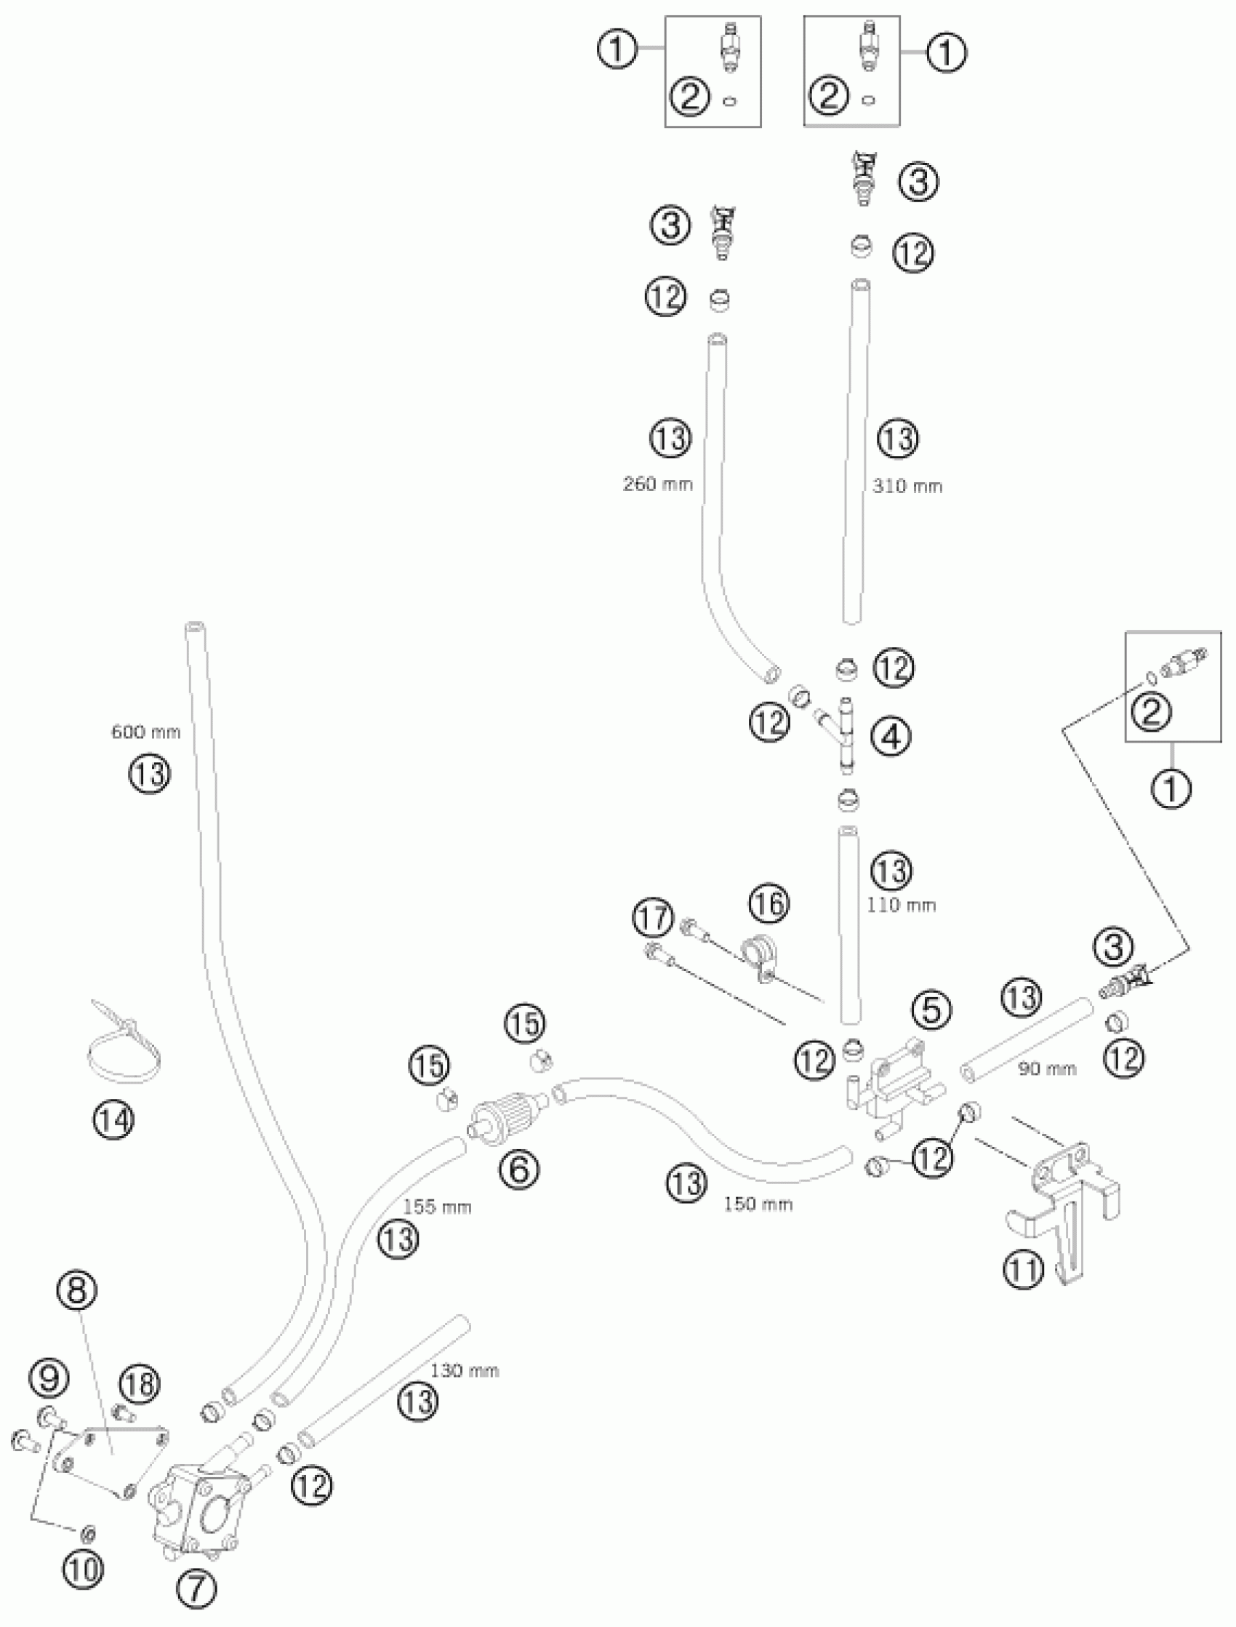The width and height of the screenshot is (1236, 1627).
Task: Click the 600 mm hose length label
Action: point(145,732)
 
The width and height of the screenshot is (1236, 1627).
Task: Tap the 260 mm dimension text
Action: point(658,484)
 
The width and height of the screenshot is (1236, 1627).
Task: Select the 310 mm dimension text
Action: point(907,486)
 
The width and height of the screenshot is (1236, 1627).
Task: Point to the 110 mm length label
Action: point(902,904)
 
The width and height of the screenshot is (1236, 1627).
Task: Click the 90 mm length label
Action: point(1047,1068)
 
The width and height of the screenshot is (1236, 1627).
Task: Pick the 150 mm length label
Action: point(758,1204)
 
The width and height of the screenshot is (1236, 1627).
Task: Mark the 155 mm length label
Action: point(437,1207)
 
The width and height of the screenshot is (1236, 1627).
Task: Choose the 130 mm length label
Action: point(465,1371)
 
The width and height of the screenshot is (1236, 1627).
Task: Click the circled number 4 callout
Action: point(891,736)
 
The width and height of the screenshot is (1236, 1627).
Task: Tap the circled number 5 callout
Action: point(931,1011)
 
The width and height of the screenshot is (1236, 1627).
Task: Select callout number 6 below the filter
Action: point(519,1170)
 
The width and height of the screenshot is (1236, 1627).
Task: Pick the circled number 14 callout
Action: point(113,1120)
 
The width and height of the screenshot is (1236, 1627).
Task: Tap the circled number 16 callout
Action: point(770,903)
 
